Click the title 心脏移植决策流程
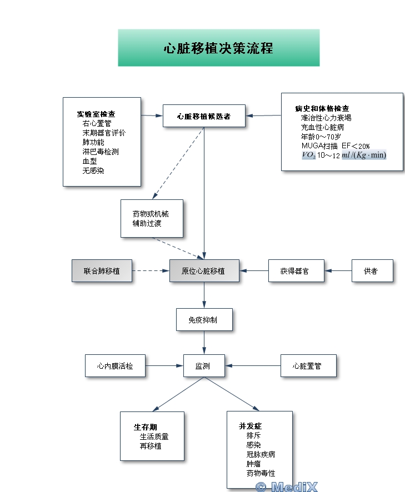tap(218, 48)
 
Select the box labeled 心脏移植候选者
tap(204, 117)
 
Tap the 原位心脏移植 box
tap(204, 271)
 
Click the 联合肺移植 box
tap(102, 271)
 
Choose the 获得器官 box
tap(296, 271)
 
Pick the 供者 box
tap(372, 271)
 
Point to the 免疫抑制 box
tap(204, 320)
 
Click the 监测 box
tap(204, 366)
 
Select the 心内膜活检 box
tap(115, 366)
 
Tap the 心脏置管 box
tap(308, 366)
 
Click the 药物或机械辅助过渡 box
tap(151, 219)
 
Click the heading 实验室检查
tap(96, 114)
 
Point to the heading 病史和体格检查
tap(322, 108)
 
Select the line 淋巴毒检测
tap(101, 152)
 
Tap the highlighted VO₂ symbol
tap(309, 155)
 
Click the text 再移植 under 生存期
tap(151, 446)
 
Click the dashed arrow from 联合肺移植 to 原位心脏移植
tap(151, 271)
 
